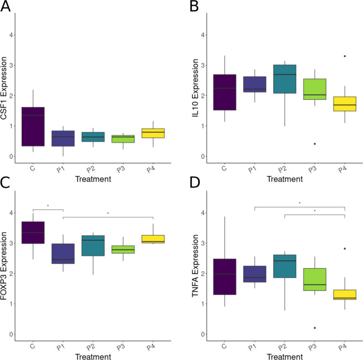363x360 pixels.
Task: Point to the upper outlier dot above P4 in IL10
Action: coord(345,56)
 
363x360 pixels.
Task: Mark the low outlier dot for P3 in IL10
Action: coord(314,144)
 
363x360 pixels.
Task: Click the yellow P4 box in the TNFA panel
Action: coord(345,295)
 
